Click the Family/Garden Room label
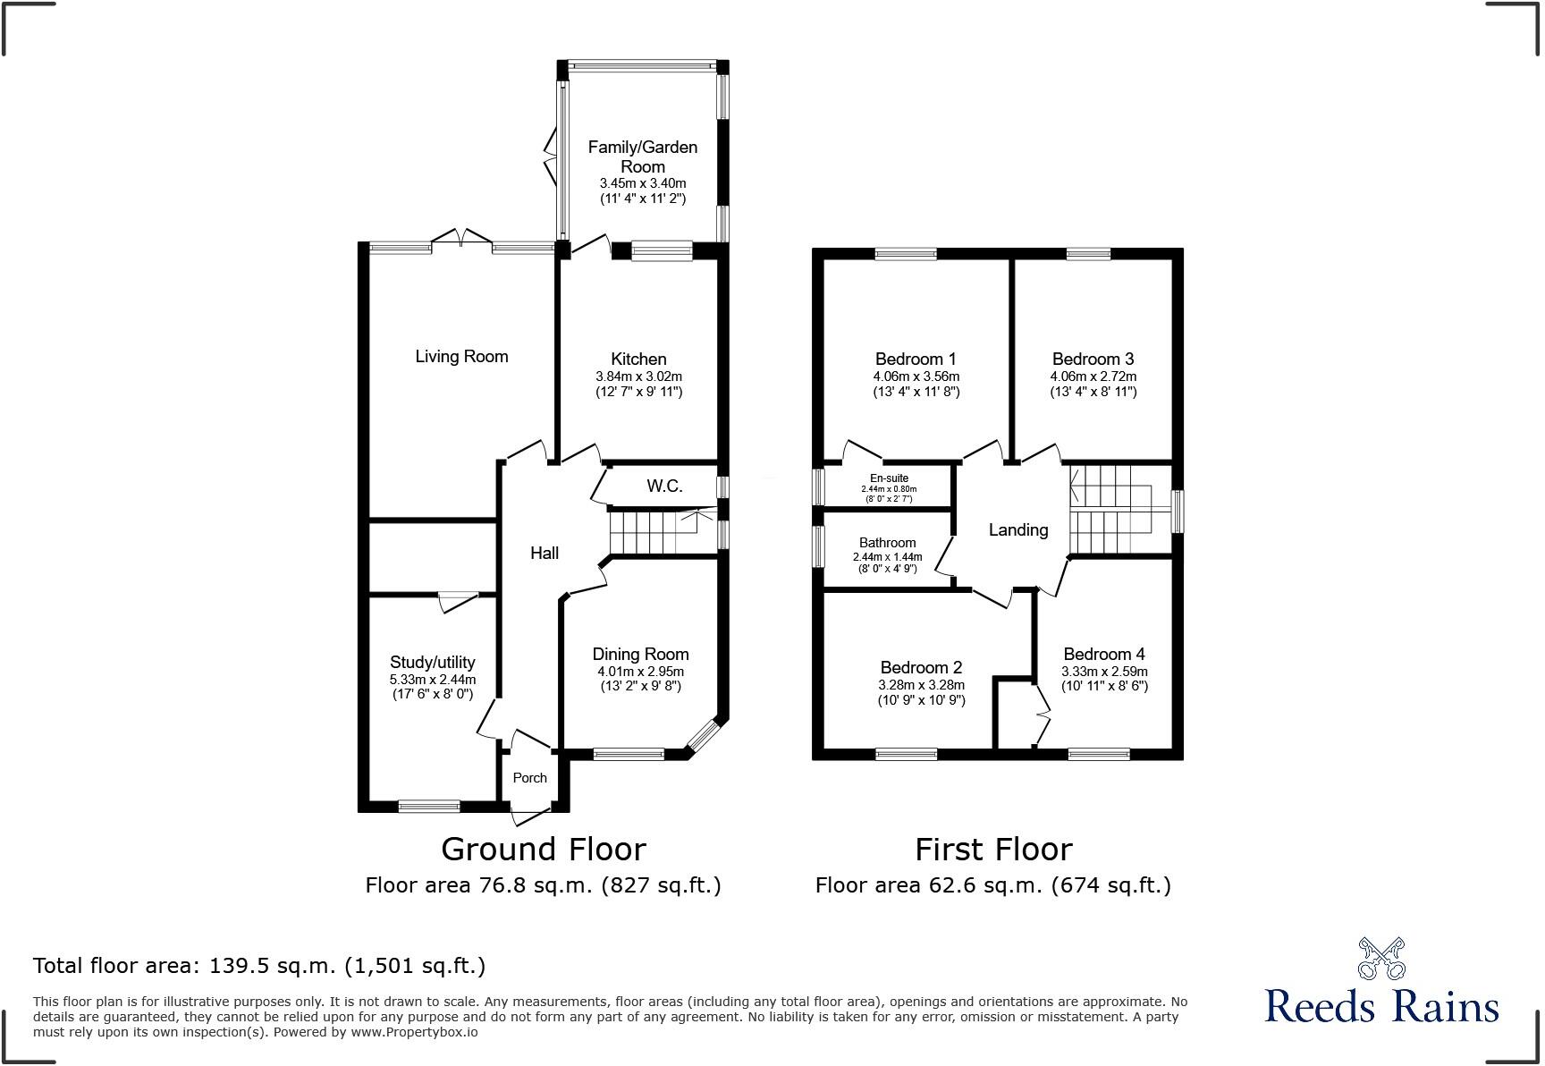642,157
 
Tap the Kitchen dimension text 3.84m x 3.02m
638,376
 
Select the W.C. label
664,486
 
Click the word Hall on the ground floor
544,553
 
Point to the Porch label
529,777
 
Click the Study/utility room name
432,662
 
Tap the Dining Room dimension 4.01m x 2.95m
640,671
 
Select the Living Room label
461,356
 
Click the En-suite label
889,478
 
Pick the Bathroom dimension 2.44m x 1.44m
887,556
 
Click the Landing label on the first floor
1017,529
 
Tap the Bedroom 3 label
1093,360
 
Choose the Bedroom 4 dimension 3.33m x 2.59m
1104,671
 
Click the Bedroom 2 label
921,667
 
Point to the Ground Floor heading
543,848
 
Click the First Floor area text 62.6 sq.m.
992,884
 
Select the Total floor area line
259,965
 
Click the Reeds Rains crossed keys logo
1380,958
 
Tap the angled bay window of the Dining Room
703,736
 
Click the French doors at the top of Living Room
461,240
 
